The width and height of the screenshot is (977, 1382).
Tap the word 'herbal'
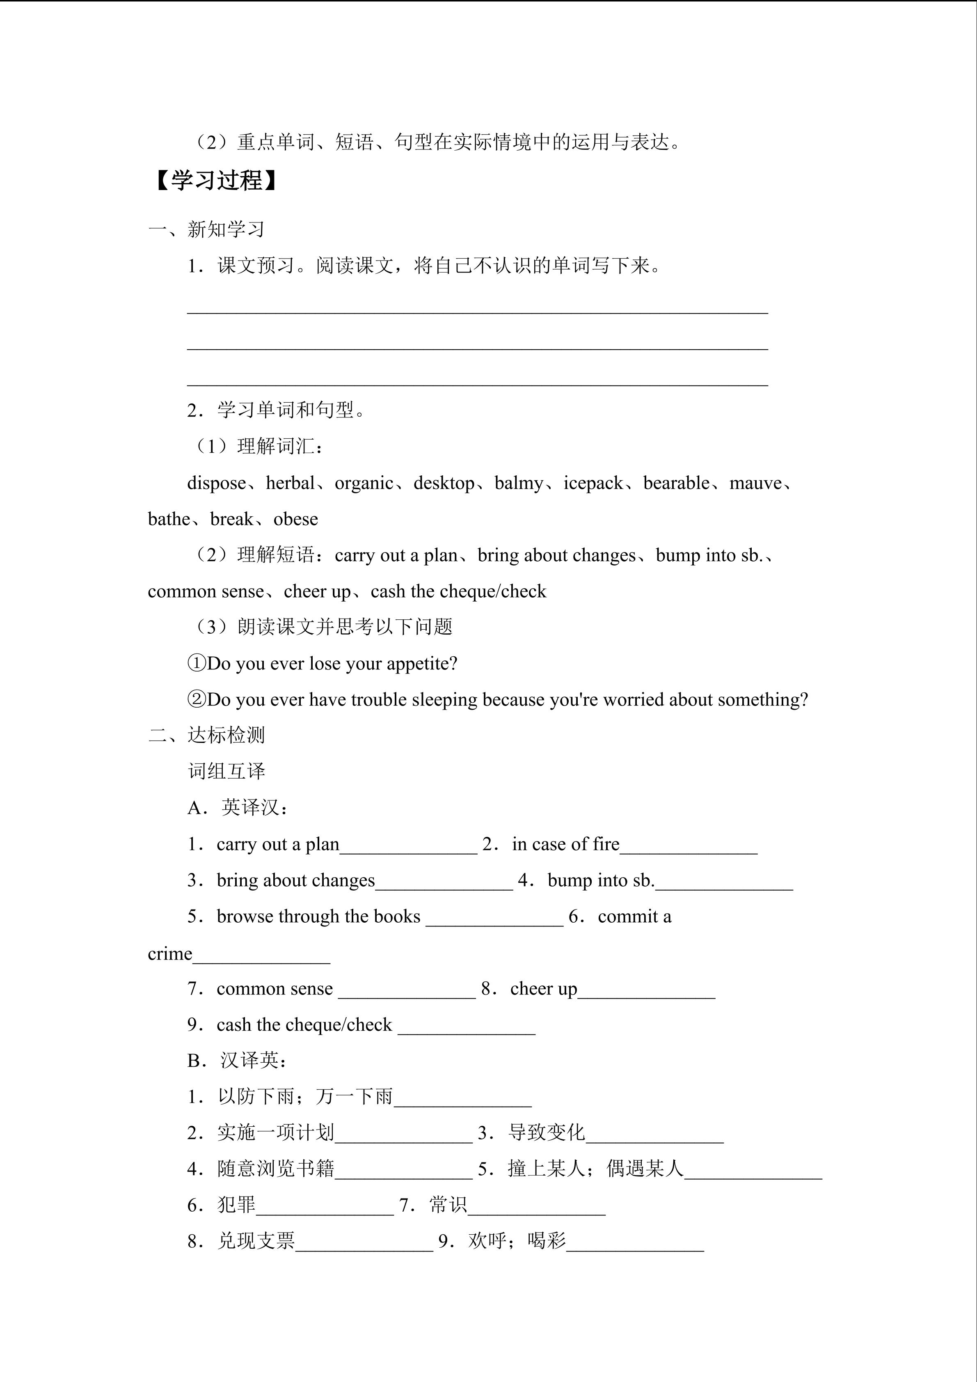[291, 484]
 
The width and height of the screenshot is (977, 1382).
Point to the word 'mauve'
[755, 484]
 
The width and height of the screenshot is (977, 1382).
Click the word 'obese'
[295, 520]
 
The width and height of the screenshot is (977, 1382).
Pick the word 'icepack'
[593, 484]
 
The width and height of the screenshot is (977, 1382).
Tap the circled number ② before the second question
[197, 699]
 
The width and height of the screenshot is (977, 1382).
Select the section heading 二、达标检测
[206, 736]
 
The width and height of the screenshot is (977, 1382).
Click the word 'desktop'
[444, 484]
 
